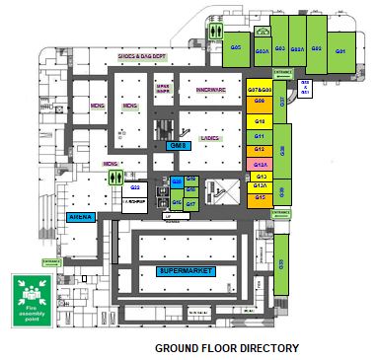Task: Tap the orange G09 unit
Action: click(x=259, y=101)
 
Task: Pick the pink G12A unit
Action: click(x=261, y=164)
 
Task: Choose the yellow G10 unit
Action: click(x=259, y=119)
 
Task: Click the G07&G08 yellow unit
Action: click(x=260, y=89)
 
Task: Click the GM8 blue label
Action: click(x=179, y=146)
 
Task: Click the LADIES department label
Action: click(x=209, y=139)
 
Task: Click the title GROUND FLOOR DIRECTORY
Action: click(x=226, y=348)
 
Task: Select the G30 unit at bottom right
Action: click(x=281, y=263)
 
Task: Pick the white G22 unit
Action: click(x=136, y=186)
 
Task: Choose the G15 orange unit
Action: click(x=261, y=197)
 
